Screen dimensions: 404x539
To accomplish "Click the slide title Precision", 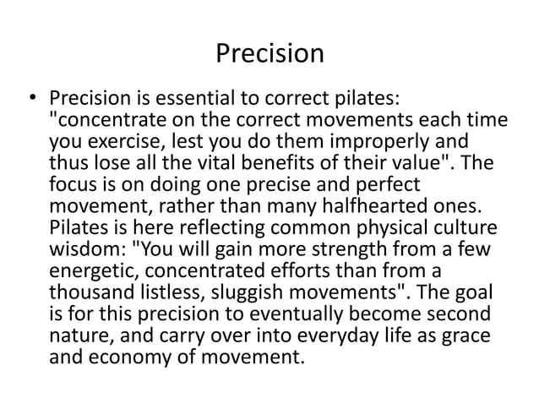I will [x=269, y=53].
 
